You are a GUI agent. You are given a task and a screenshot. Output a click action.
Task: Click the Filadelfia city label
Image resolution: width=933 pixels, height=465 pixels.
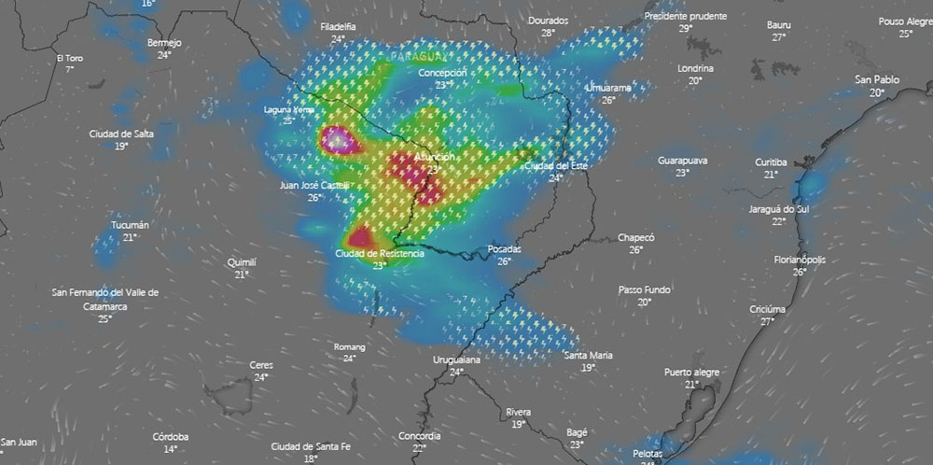tap(337, 27)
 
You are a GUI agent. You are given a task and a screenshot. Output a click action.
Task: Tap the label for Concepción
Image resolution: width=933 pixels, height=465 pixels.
tap(442, 73)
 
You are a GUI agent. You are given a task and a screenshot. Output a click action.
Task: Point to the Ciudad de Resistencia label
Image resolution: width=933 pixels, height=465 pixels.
tap(380, 253)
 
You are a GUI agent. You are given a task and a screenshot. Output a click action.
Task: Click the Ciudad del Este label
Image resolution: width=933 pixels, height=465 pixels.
tap(556, 165)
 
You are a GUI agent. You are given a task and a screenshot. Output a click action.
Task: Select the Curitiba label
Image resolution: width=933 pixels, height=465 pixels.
tap(771, 162)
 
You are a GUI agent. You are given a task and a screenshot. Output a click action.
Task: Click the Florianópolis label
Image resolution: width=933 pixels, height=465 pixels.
tap(800, 260)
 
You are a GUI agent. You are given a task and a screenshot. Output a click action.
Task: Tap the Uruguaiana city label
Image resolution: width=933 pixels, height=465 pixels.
tap(456, 359)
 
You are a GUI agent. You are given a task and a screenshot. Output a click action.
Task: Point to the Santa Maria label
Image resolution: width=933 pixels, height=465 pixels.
tap(588, 356)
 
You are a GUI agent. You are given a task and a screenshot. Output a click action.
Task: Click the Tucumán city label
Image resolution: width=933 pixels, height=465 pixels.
tap(129, 226)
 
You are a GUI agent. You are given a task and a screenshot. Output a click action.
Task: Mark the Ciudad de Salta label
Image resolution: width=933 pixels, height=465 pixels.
tap(121, 134)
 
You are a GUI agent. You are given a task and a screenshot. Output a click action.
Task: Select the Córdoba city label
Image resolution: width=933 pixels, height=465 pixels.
tap(171, 437)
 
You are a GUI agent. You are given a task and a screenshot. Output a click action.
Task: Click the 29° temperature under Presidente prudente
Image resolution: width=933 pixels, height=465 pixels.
tap(685, 29)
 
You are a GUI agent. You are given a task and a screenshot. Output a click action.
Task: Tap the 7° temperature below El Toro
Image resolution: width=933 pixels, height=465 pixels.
tap(69, 70)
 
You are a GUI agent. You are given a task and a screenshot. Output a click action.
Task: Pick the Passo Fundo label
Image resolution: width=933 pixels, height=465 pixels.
tap(644, 290)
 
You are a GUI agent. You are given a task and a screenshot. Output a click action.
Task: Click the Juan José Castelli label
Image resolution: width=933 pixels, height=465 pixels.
tap(314, 186)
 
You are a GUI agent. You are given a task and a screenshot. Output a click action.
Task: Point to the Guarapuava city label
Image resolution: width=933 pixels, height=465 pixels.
tap(682, 161)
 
